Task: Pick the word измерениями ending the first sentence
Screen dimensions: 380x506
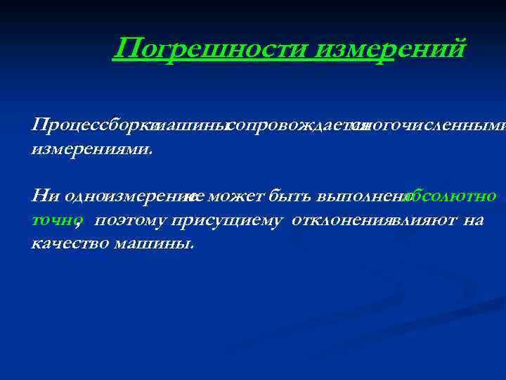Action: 91,150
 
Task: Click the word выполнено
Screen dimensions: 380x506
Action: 363,195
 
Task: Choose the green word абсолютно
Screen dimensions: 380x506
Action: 452,195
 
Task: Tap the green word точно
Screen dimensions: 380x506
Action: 53,220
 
